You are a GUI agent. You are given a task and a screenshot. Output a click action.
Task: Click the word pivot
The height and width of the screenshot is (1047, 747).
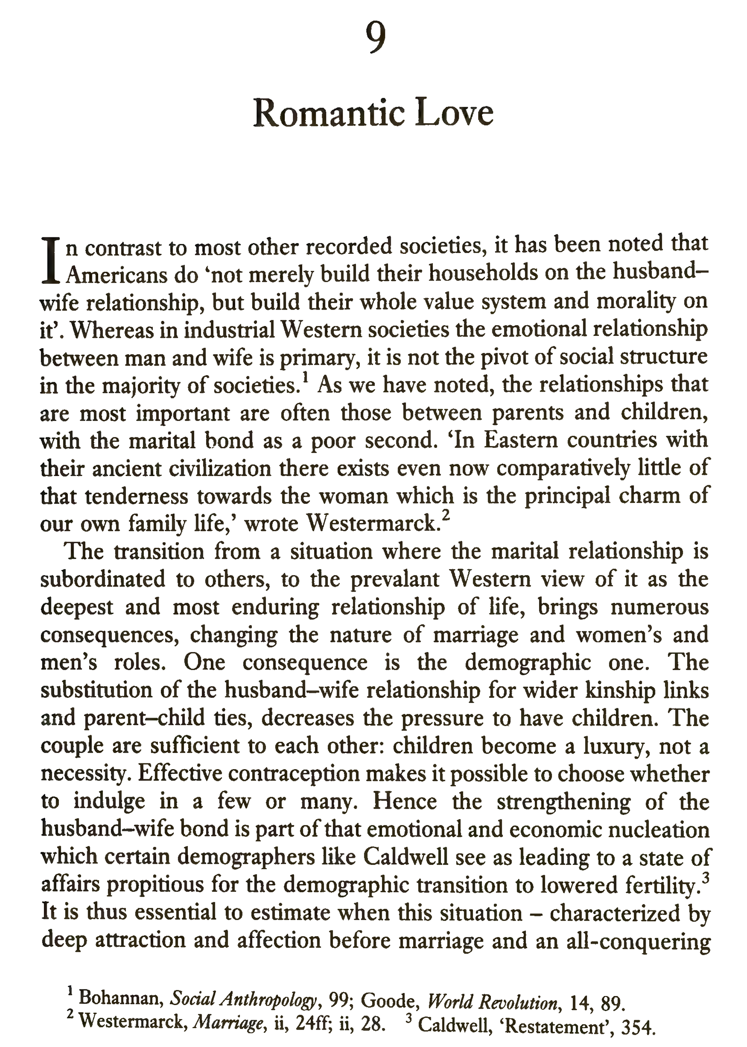[505, 357]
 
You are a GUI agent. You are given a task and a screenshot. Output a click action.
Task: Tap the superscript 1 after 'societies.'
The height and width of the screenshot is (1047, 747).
[306, 378]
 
